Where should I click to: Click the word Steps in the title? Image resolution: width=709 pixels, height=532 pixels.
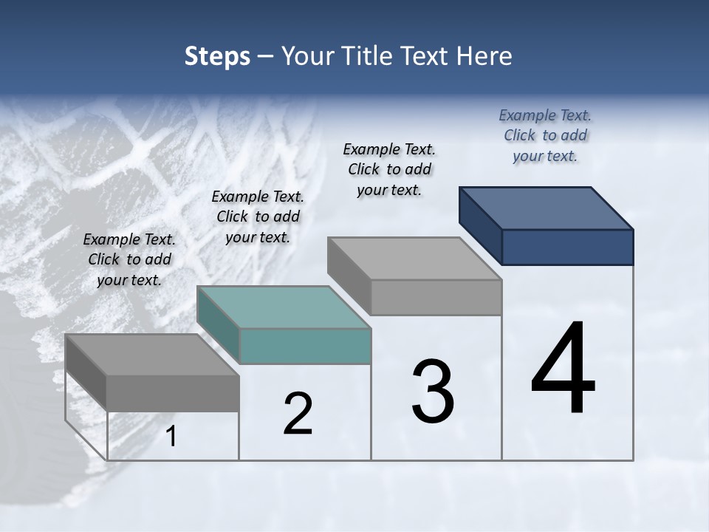[217, 56]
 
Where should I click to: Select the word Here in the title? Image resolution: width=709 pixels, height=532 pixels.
[484, 56]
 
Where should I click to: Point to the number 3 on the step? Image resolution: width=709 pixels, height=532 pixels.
[432, 391]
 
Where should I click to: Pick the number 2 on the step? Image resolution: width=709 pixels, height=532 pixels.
[298, 415]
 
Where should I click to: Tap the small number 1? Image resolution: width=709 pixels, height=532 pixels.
[171, 437]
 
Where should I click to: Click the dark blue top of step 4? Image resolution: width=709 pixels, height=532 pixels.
[547, 208]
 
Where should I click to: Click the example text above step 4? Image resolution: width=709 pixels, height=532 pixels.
[545, 135]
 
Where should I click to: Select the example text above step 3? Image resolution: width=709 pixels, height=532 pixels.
[389, 169]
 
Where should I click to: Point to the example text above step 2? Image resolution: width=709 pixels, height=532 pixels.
[258, 216]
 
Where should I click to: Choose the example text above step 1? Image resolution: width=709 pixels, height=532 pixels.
[129, 259]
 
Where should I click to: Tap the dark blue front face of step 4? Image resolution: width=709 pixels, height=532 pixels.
[567, 247]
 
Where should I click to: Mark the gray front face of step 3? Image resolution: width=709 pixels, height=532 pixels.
[436, 298]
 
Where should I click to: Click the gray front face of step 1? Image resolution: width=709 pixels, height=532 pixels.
[173, 393]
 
